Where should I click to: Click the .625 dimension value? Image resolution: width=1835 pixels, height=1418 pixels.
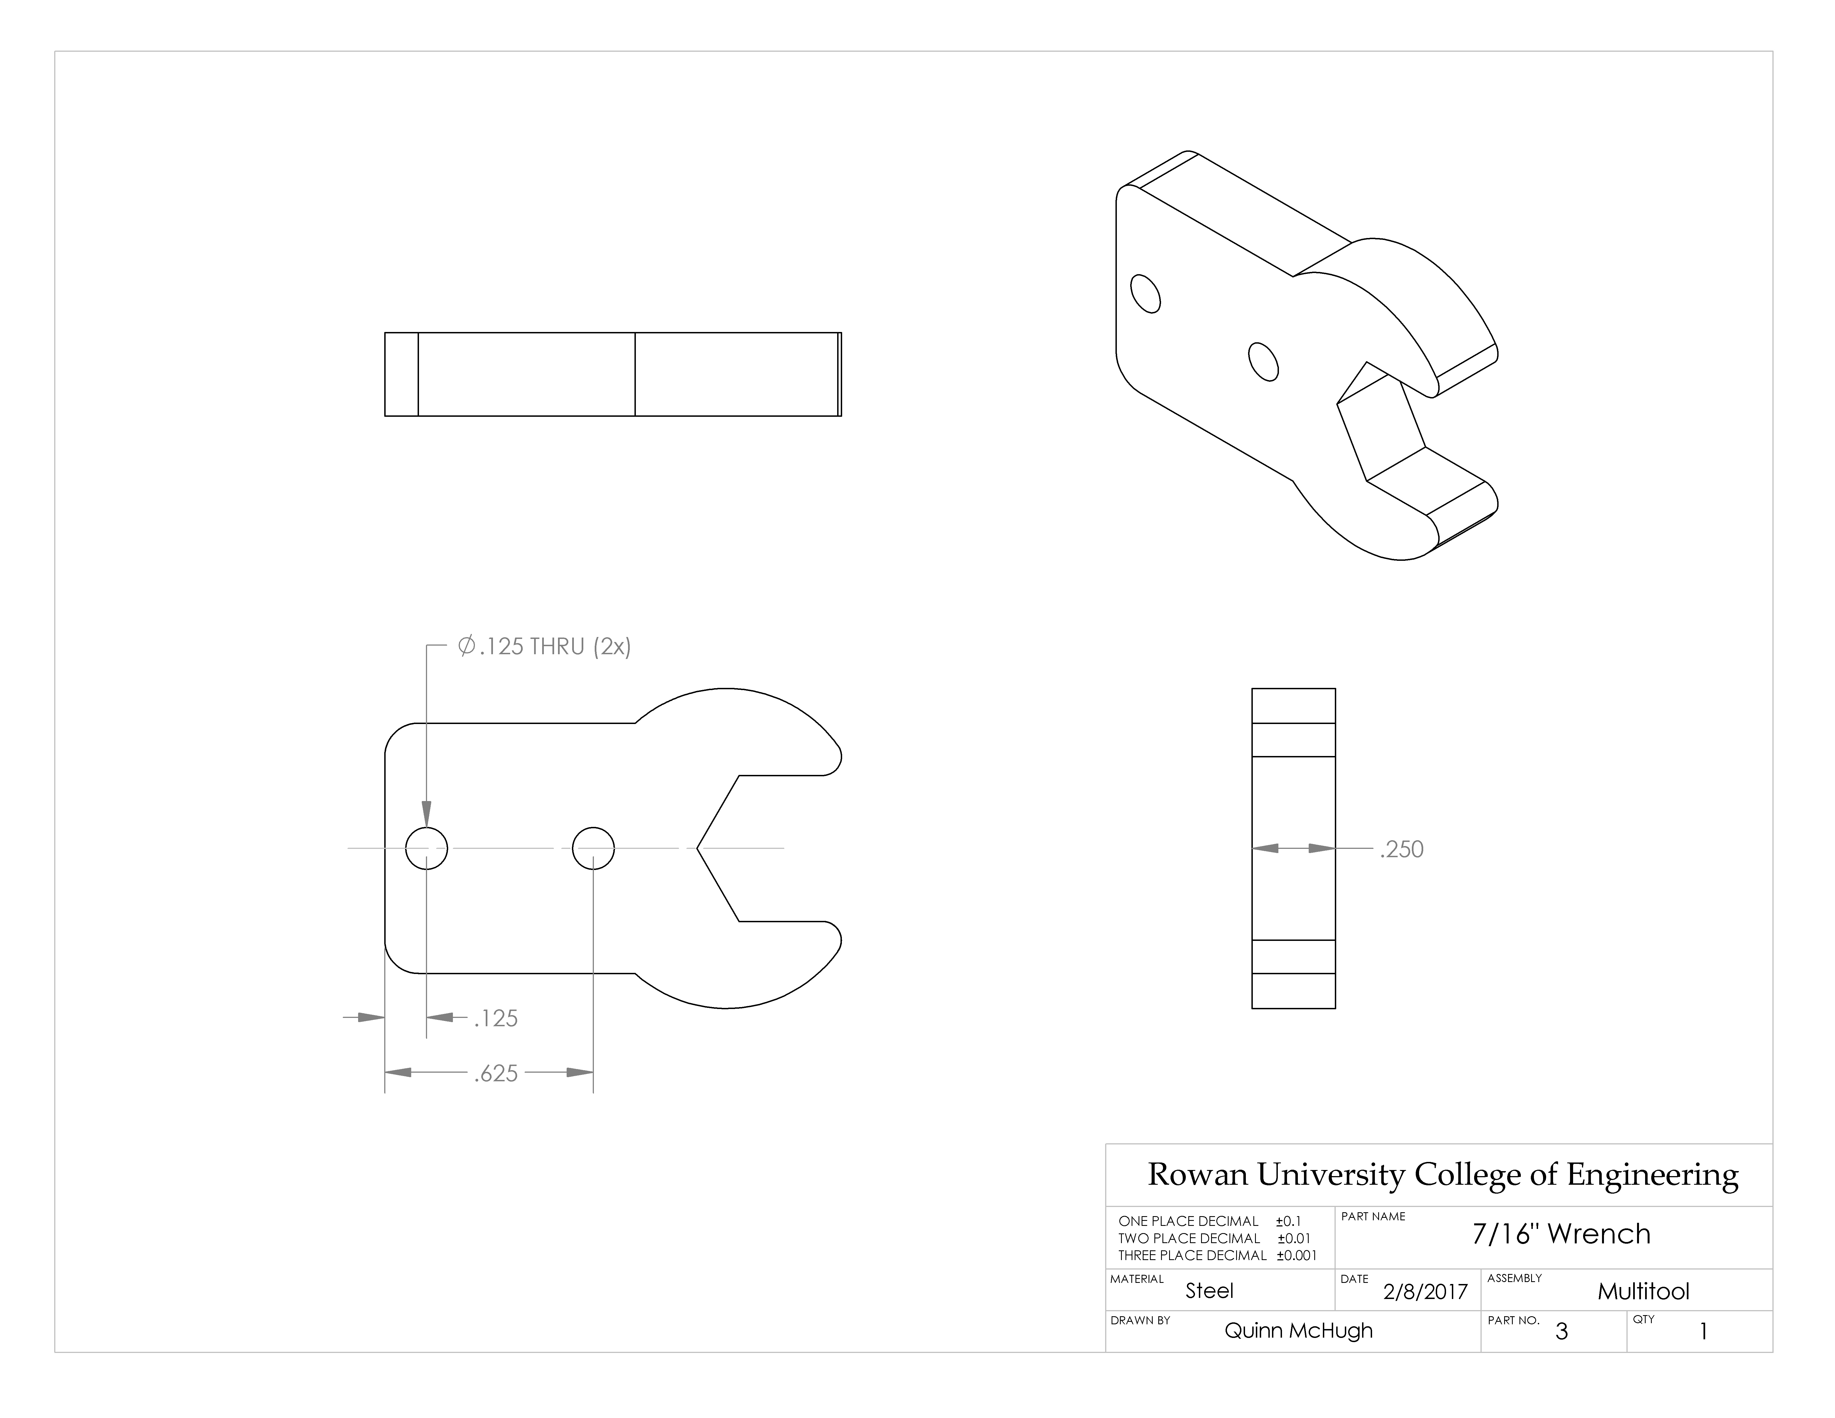(496, 1074)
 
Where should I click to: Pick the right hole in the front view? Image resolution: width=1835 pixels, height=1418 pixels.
(593, 849)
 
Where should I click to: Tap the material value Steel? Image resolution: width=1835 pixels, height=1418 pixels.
(1209, 1291)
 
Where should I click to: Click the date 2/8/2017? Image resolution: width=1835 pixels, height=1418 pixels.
(1425, 1291)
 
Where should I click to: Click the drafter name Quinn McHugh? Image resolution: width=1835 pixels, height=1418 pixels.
(1298, 1331)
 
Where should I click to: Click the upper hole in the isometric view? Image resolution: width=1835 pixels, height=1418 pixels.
(1145, 294)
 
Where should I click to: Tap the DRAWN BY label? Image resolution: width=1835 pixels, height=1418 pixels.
(1140, 1320)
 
